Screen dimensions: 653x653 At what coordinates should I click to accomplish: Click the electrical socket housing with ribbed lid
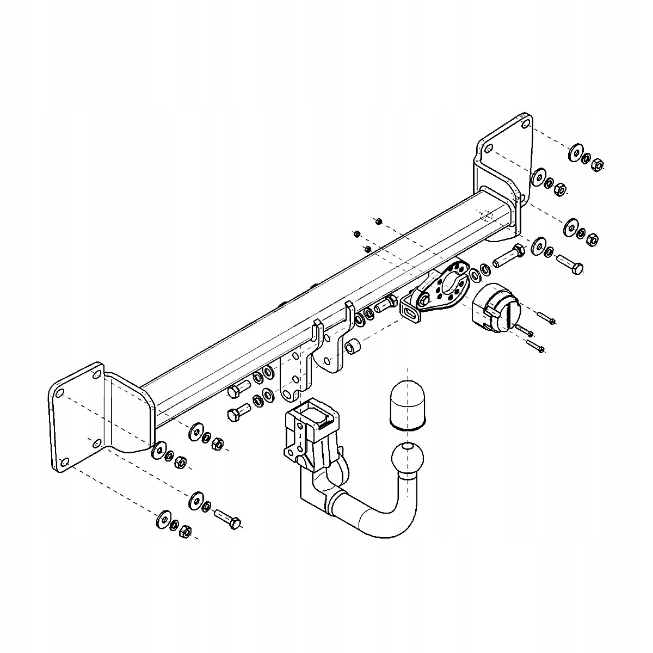click(x=494, y=308)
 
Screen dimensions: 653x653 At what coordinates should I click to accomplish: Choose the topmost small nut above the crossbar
click(x=379, y=220)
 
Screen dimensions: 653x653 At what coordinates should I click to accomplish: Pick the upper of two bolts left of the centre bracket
click(x=239, y=388)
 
